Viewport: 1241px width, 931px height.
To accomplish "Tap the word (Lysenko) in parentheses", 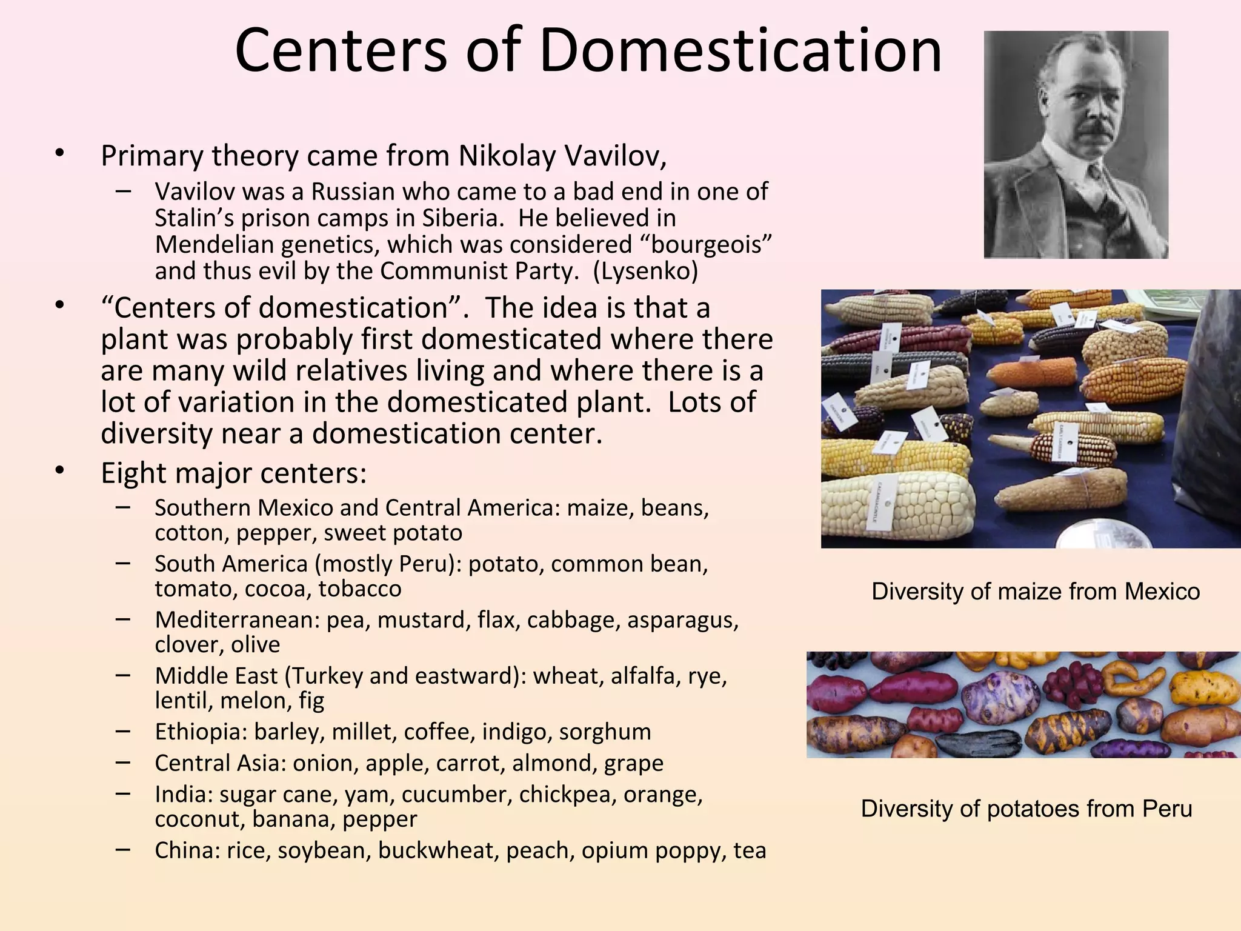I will coord(645,271).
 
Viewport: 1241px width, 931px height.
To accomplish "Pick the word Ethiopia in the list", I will coord(200,732).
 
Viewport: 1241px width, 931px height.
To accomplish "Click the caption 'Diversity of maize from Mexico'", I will coord(1036,592).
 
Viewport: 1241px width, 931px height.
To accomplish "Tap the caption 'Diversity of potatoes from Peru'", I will coord(1026,809).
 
